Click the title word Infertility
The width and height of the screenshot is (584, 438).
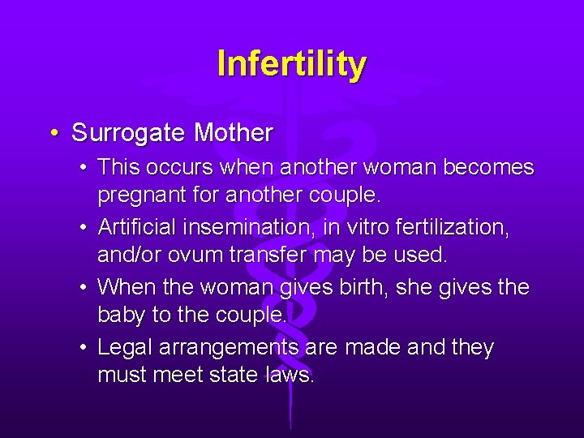[292, 63]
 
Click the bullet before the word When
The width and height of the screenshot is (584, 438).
[84, 288]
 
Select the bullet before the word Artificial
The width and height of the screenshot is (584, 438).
[84, 228]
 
